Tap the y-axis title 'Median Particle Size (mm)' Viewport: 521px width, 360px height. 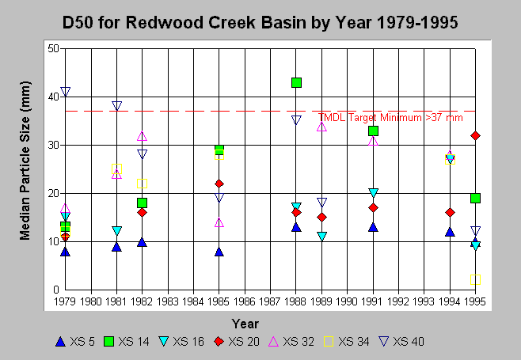[25, 161]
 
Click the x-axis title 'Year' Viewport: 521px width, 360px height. [245, 324]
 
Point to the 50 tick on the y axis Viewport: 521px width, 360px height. [53, 48]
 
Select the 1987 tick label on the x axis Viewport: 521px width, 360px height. [270, 301]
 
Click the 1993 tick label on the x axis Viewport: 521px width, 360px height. [424, 301]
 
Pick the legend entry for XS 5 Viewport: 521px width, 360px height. [75, 341]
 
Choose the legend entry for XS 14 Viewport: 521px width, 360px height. [127, 341]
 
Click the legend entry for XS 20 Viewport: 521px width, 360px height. [237, 341]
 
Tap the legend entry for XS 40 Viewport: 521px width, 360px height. [401, 341]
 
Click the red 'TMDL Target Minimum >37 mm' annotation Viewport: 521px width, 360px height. [390, 118]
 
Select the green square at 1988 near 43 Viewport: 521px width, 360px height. [296, 82]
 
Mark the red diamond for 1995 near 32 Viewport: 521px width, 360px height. [476, 135]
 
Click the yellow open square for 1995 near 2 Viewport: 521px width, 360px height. [476, 279]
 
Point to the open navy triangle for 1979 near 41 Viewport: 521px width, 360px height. [66, 91]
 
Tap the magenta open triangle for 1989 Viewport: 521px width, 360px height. [321, 127]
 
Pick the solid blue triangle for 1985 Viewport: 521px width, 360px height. [219, 252]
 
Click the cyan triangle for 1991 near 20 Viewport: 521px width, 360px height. [373, 192]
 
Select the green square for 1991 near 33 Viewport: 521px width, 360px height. [373, 131]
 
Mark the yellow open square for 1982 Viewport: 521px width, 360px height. [142, 184]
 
